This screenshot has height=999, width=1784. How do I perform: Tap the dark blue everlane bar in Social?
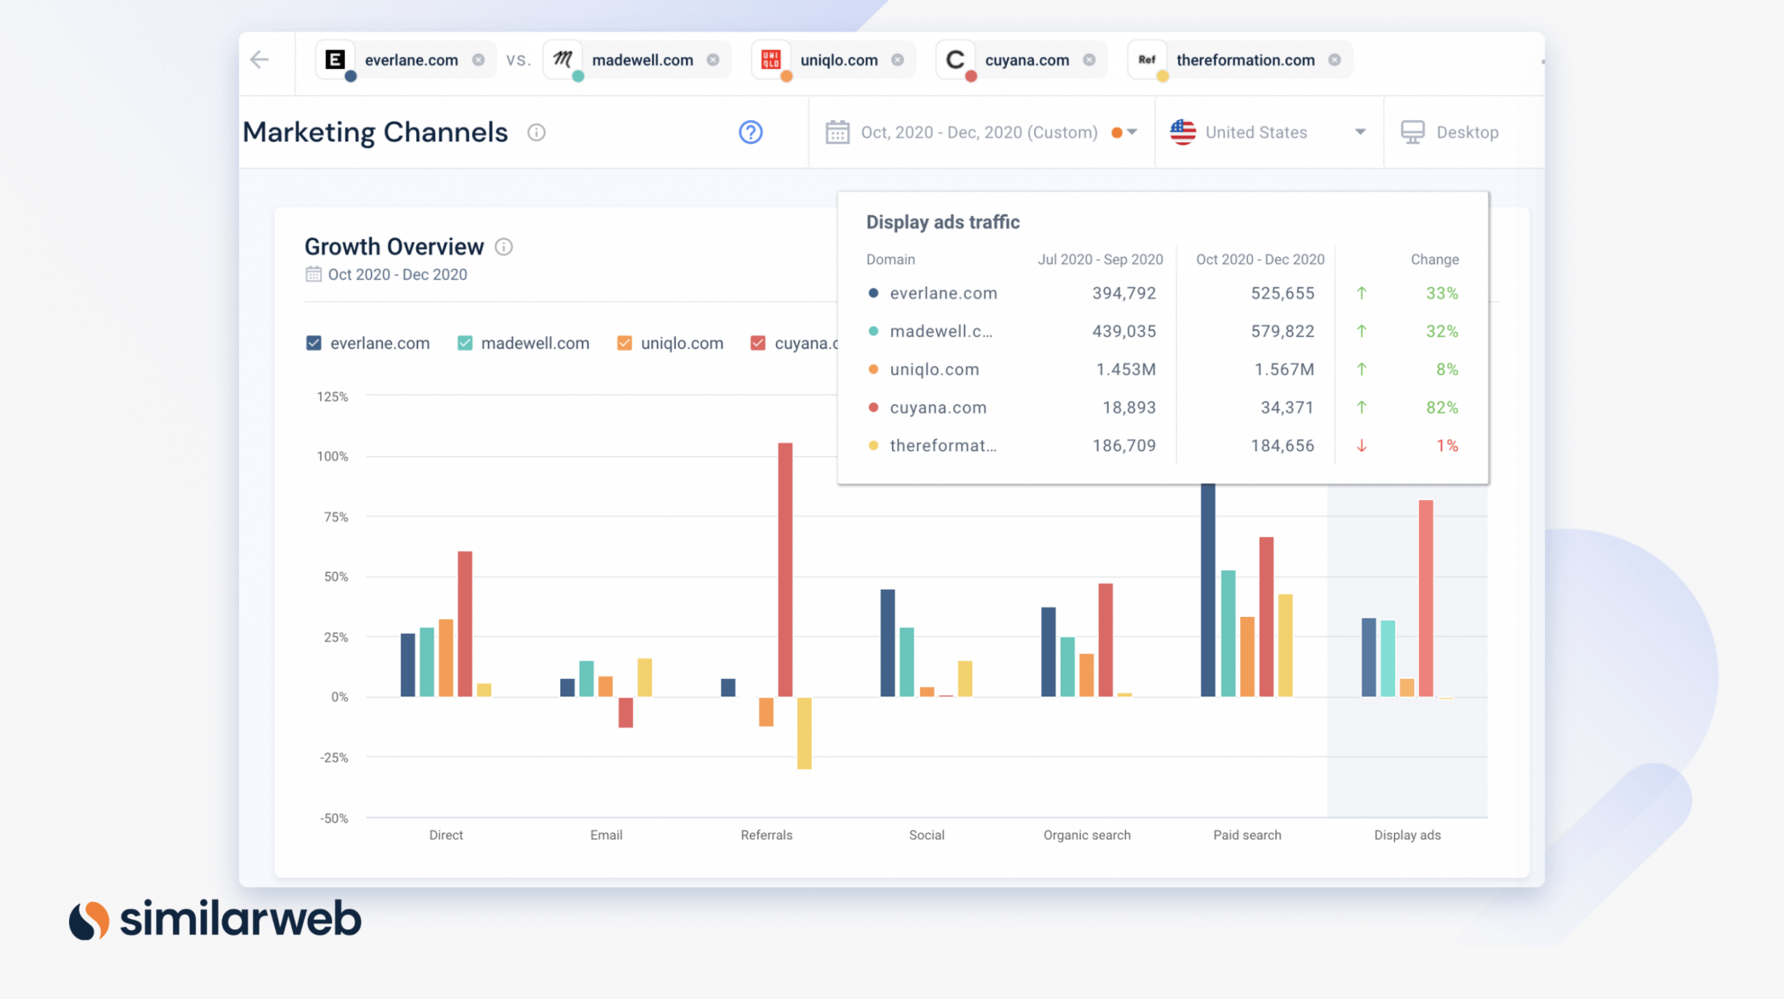click(x=887, y=642)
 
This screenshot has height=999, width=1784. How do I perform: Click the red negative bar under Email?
click(x=625, y=712)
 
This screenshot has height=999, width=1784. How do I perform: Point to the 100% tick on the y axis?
click(x=332, y=457)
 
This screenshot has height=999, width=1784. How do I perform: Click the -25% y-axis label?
click(x=334, y=758)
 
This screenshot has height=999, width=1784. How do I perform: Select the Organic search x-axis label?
click(x=1086, y=834)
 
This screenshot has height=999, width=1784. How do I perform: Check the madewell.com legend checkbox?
click(x=465, y=343)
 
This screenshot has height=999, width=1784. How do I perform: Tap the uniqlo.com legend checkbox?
click(x=624, y=343)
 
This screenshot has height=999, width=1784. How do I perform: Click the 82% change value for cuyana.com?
click(x=1441, y=407)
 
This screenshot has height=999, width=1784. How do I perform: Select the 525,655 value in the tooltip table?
click(x=1282, y=293)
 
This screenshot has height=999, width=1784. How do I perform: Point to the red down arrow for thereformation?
click(x=1361, y=445)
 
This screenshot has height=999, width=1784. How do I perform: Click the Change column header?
click(x=1434, y=259)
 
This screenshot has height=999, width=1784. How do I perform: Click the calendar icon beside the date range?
click(x=837, y=132)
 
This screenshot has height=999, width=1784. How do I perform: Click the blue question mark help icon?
click(x=751, y=132)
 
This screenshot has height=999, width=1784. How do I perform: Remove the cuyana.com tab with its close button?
click(x=1089, y=60)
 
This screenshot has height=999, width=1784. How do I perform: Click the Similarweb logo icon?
click(x=89, y=920)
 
